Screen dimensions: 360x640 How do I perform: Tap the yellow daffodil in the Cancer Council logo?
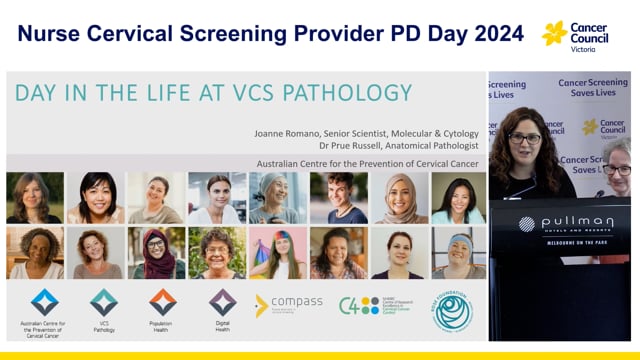[554, 33]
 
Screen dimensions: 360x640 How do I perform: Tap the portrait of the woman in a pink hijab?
[398, 197]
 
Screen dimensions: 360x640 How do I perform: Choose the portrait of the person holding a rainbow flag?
[276, 252]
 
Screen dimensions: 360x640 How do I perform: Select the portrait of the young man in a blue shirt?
[338, 197]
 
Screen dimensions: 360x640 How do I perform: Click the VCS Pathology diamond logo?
[104, 302]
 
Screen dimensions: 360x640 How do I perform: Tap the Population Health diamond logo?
[163, 302]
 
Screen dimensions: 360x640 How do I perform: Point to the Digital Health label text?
[222, 325]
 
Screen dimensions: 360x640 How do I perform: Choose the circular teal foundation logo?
[452, 310]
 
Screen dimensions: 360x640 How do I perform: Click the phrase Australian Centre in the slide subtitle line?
[283, 163]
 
